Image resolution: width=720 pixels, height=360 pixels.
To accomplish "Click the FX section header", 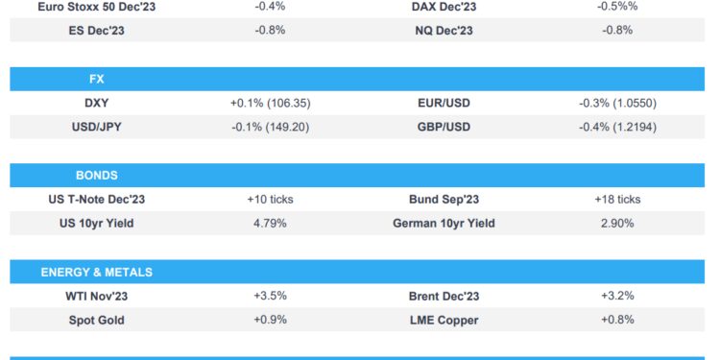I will click(96, 80).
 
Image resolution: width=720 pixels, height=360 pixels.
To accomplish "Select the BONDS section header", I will click(96, 176).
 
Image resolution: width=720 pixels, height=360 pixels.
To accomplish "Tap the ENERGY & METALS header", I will click(96, 273).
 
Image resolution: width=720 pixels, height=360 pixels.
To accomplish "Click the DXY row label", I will click(96, 103).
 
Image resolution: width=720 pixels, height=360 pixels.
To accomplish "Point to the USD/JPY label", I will click(96, 127).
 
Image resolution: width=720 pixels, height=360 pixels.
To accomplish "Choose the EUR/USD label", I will click(444, 103).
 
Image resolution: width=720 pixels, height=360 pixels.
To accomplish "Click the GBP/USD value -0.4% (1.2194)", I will click(617, 127).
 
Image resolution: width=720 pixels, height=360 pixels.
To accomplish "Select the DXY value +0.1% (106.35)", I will click(270, 103).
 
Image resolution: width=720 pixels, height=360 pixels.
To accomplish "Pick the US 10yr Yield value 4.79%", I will click(270, 224).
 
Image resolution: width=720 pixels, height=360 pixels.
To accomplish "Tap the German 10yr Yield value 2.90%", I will click(617, 224).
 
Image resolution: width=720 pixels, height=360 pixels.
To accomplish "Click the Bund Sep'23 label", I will click(444, 200).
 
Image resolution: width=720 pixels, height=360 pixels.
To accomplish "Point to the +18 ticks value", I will click(617, 200).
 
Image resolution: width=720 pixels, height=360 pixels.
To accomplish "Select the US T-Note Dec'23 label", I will click(96, 200).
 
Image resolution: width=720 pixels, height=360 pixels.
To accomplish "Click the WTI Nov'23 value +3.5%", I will click(270, 296).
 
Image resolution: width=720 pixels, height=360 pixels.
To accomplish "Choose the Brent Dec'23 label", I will click(444, 296).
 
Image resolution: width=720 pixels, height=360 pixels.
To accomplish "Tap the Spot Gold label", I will click(96, 320).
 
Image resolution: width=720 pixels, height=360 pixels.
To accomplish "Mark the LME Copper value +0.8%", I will click(617, 320).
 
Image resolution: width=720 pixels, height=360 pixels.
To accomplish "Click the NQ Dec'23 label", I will click(444, 30).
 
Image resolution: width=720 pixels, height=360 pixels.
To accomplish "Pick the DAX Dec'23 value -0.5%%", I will click(617, 7).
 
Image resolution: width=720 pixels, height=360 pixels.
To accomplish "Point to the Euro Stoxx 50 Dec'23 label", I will click(96, 7).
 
